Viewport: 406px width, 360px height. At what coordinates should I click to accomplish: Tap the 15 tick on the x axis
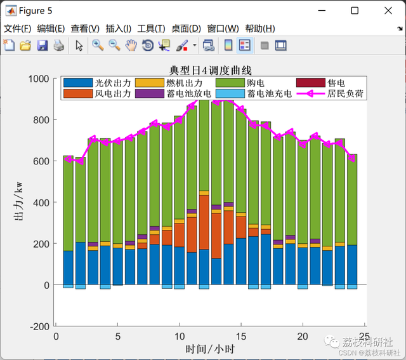point(241,337)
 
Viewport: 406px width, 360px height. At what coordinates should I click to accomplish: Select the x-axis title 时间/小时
point(210,349)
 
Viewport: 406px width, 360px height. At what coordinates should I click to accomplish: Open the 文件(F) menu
point(17,29)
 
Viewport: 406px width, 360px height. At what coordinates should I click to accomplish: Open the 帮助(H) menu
point(260,29)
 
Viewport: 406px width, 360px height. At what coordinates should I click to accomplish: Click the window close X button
point(388,10)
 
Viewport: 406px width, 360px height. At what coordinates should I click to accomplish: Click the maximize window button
point(355,10)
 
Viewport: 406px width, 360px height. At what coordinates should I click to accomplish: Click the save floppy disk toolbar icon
point(42,45)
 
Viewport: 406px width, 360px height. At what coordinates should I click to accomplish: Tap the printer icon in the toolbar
point(58,45)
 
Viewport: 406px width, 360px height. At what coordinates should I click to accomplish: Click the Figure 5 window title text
point(36,11)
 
